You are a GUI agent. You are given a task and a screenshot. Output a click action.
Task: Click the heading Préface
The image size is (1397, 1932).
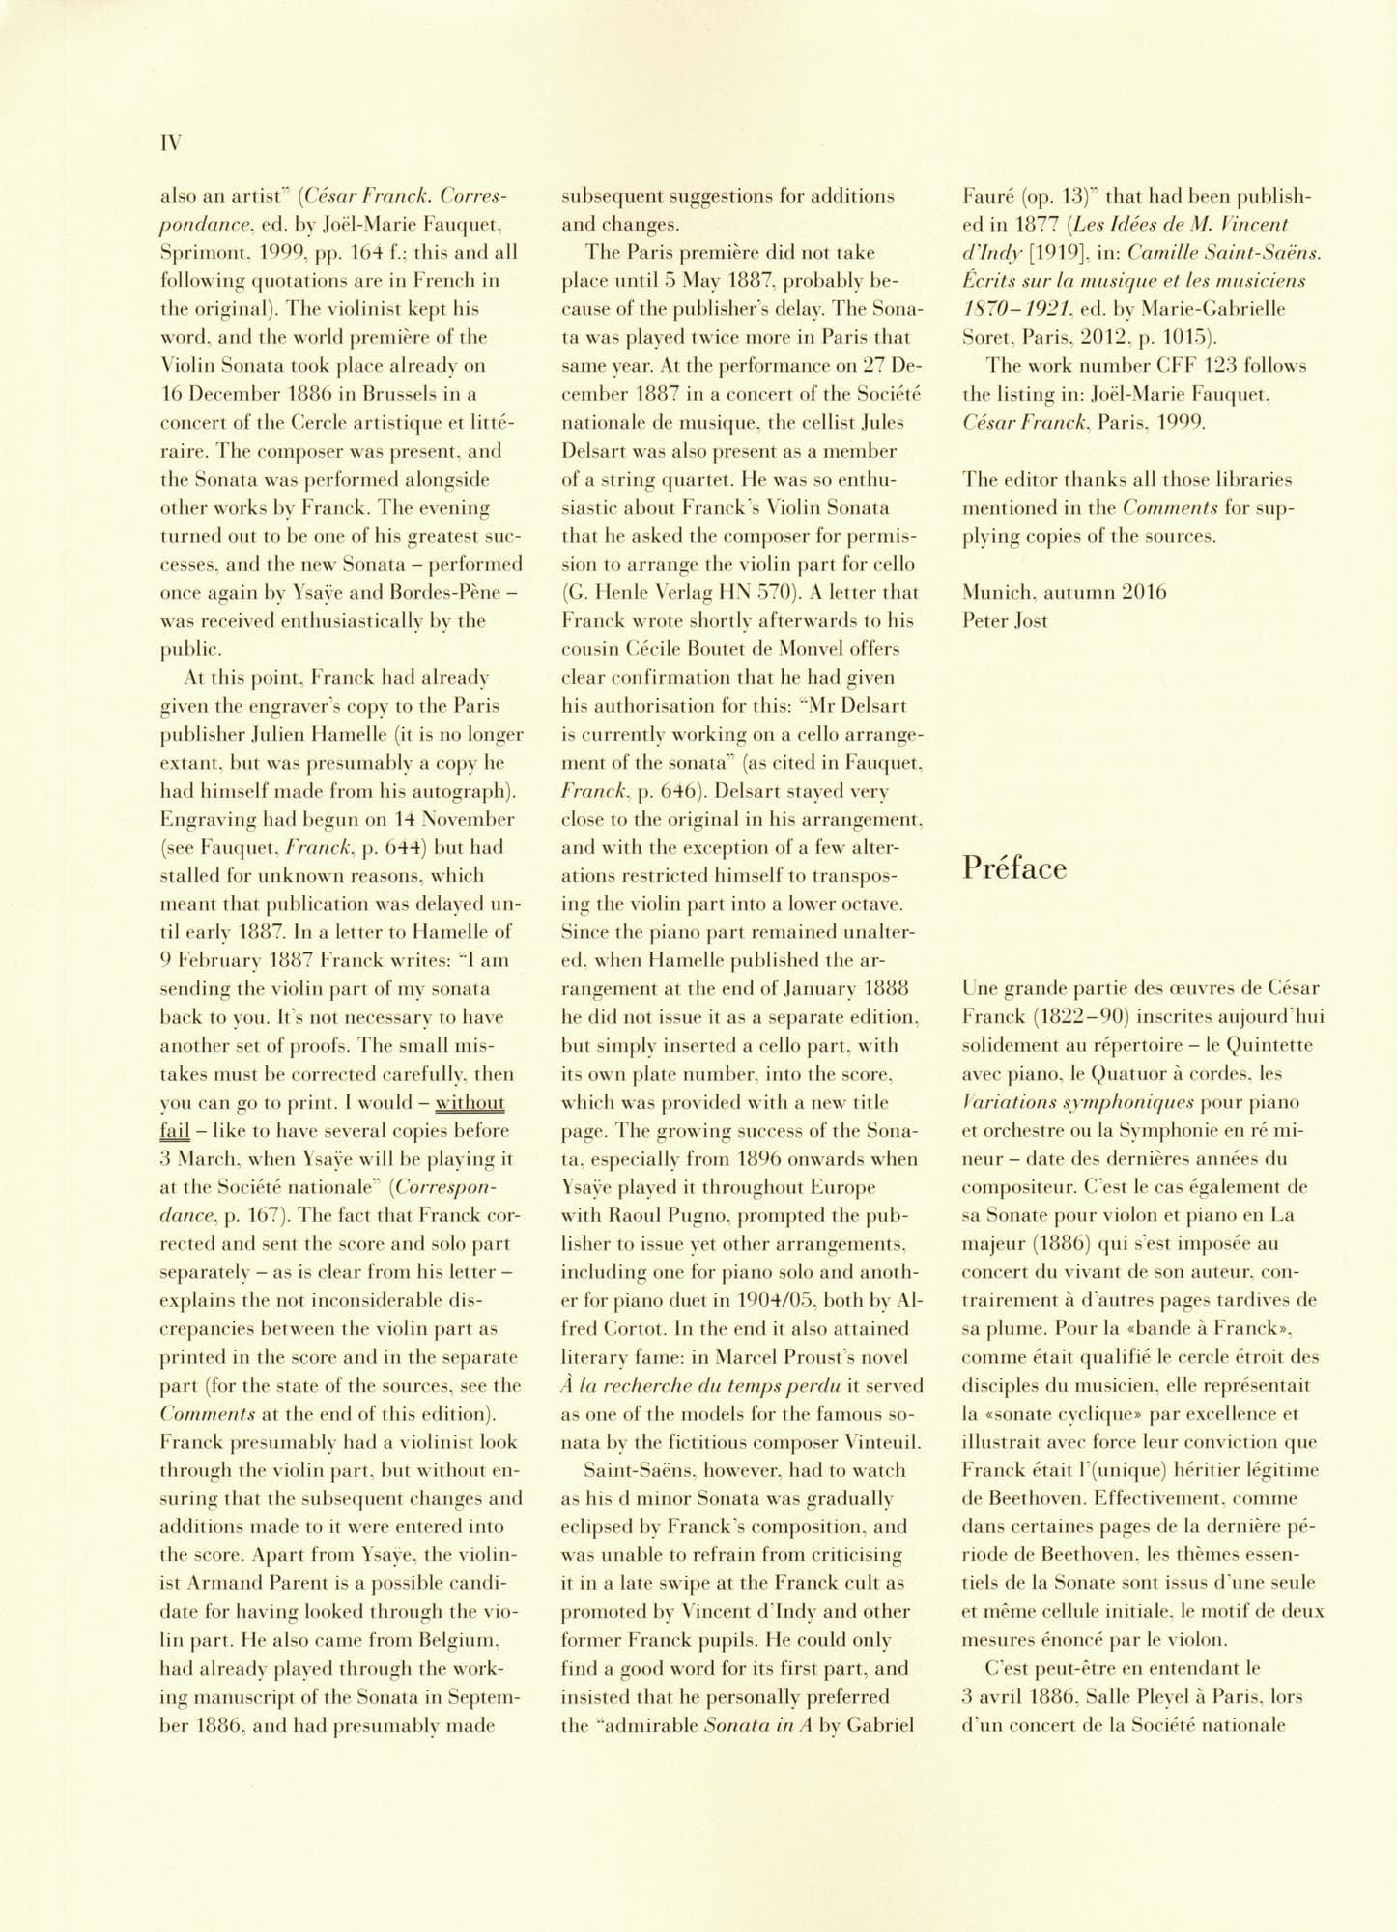[x=1014, y=867]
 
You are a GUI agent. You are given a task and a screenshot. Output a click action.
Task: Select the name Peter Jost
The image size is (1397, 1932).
[x=1005, y=620]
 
